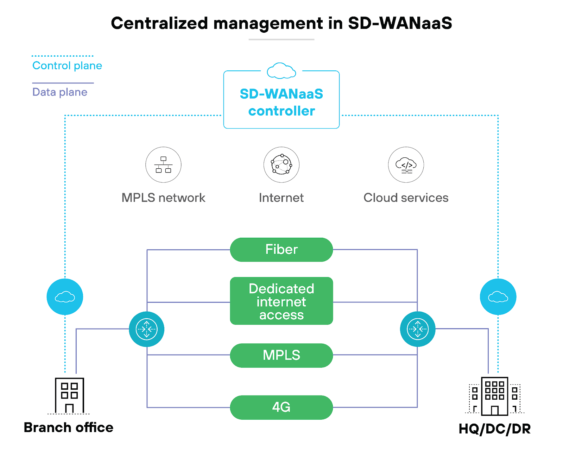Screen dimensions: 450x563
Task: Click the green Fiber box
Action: pyautogui.click(x=281, y=250)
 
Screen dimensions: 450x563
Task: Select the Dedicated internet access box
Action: pyautogui.click(x=281, y=301)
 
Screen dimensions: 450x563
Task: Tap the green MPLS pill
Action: pyautogui.click(x=281, y=355)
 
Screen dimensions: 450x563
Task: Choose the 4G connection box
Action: pyautogui.click(x=281, y=407)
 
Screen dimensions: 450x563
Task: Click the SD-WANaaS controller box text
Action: pyautogui.click(x=281, y=102)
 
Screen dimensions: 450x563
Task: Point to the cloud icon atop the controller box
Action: pyautogui.click(x=281, y=71)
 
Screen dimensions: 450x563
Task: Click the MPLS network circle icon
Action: pyautogui.click(x=163, y=165)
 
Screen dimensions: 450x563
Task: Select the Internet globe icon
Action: pyautogui.click(x=281, y=165)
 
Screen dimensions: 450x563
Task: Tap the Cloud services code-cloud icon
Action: pyautogui.click(x=406, y=165)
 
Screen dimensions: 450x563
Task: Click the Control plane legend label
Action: pyautogui.click(x=67, y=66)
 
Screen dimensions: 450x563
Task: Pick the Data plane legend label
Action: pyautogui.click(x=60, y=92)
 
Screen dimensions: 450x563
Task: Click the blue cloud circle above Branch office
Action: pyautogui.click(x=65, y=297)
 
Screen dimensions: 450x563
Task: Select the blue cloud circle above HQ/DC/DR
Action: pyautogui.click(x=498, y=297)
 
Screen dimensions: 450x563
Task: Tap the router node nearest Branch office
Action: pyautogui.click(x=146, y=329)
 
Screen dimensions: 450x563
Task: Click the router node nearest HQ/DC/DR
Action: pyautogui.click(x=418, y=329)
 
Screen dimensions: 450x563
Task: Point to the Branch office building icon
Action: pyautogui.click(x=69, y=395)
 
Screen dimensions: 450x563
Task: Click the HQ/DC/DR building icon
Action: pyautogui.click(x=494, y=396)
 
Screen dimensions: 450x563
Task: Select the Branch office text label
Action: pyautogui.click(x=69, y=427)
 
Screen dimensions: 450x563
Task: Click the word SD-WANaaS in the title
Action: pyautogui.click(x=400, y=23)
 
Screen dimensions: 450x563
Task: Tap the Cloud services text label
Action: pyautogui.click(x=406, y=198)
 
